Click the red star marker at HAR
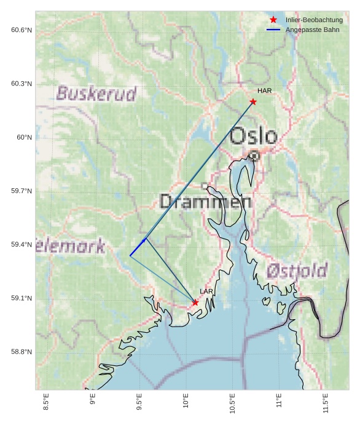253,101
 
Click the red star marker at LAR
195,302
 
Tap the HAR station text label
264,91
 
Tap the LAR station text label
206,292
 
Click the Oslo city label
253,136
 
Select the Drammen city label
205,201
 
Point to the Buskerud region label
96,94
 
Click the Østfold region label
297,271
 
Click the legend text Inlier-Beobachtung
314,20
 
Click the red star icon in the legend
273,20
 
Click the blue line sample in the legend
273,30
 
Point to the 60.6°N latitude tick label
22,30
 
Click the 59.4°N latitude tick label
22,245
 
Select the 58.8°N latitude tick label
22,352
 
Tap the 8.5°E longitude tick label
46,403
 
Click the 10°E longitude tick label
186,403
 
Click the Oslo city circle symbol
254,156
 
